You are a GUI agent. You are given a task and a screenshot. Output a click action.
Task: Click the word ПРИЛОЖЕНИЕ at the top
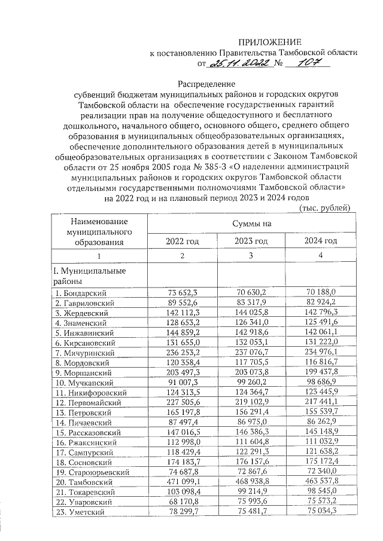[268, 42]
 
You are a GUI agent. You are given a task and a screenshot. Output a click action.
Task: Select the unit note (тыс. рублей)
[324, 207]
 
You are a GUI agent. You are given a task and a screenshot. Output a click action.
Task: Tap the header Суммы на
[251, 223]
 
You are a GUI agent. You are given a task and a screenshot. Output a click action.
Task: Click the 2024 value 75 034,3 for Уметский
[321, 512]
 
